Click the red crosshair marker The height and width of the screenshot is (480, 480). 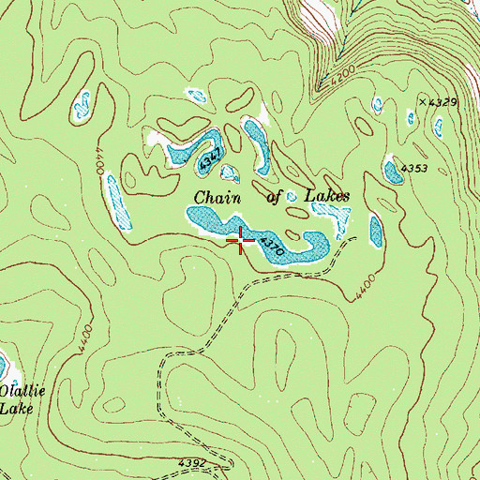[241, 240]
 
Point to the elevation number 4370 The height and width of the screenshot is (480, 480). [272, 247]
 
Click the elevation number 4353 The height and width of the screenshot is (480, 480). [414, 168]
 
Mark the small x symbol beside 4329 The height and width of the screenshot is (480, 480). [422, 100]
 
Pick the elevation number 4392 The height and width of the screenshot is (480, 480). [192, 462]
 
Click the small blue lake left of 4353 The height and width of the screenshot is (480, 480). [392, 172]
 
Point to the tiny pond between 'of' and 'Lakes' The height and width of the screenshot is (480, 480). [292, 197]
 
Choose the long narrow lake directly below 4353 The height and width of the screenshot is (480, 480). [377, 232]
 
